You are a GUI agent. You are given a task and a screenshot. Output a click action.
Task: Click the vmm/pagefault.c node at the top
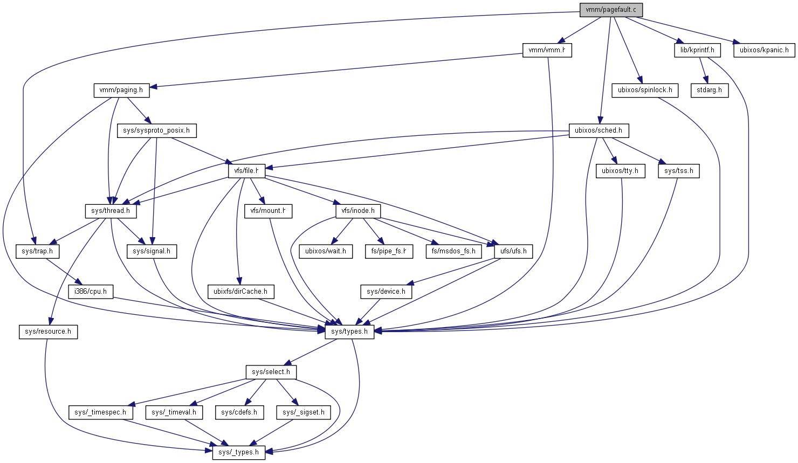[611, 10]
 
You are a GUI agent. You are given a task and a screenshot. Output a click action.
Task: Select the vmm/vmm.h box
[547, 50]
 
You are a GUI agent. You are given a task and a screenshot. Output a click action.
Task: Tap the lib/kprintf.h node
[697, 50]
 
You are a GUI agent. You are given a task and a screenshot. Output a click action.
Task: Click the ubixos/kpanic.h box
[764, 50]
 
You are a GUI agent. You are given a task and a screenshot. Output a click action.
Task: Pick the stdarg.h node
[709, 90]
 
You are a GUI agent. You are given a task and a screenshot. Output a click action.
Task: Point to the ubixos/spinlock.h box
[645, 90]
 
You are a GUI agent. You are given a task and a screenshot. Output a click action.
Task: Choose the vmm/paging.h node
[121, 90]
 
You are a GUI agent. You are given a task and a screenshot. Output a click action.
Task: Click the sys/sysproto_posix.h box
[156, 130]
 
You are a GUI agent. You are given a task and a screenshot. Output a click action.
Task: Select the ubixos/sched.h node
[598, 130]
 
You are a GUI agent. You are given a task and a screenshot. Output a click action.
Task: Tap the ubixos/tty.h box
[620, 171]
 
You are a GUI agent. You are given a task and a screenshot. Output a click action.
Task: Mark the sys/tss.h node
[679, 171]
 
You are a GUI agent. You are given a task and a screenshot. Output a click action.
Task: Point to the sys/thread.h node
[111, 211]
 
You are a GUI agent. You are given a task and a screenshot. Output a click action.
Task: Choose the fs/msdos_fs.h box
[453, 251]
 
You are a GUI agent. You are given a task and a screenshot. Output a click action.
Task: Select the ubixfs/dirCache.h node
[240, 292]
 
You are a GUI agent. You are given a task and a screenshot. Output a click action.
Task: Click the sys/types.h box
[349, 331]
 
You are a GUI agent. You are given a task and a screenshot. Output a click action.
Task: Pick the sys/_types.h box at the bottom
[239, 452]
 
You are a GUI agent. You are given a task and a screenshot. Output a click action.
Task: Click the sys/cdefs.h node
[239, 412]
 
